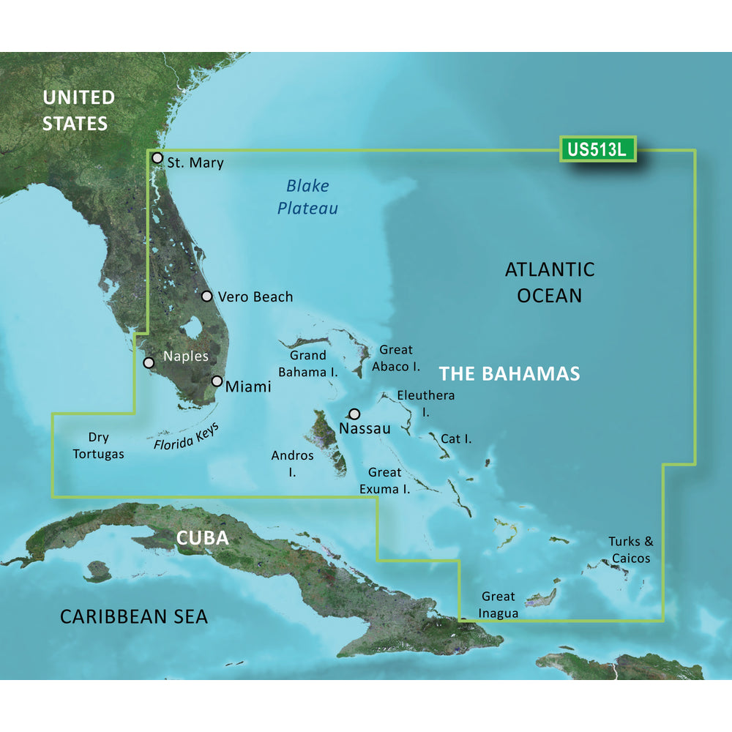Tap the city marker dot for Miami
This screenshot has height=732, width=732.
coord(217,381)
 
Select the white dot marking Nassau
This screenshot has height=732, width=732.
coord(355,414)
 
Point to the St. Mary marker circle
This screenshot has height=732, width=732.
coord(157,157)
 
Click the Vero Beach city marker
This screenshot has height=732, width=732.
coord(207,296)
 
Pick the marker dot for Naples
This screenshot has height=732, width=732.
coord(149,362)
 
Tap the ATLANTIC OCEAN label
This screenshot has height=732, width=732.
coord(550,283)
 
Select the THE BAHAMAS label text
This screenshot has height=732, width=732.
coord(509,374)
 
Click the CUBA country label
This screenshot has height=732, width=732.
coord(203,539)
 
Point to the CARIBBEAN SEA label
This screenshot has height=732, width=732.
coord(134,616)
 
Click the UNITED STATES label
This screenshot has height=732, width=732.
coord(78,110)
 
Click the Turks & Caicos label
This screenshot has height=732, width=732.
coord(630,550)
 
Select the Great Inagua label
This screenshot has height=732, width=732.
coord(498,605)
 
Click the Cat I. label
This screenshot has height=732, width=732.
coord(456,439)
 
